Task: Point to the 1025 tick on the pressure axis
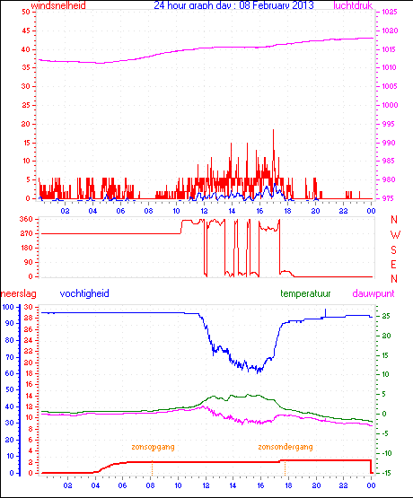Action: coord(389,13)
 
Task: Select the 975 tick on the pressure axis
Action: coord(387,198)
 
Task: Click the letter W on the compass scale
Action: coord(394,234)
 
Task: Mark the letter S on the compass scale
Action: coord(394,249)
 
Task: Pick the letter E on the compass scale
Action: coord(394,264)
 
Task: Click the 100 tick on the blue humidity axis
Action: coord(8,307)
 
